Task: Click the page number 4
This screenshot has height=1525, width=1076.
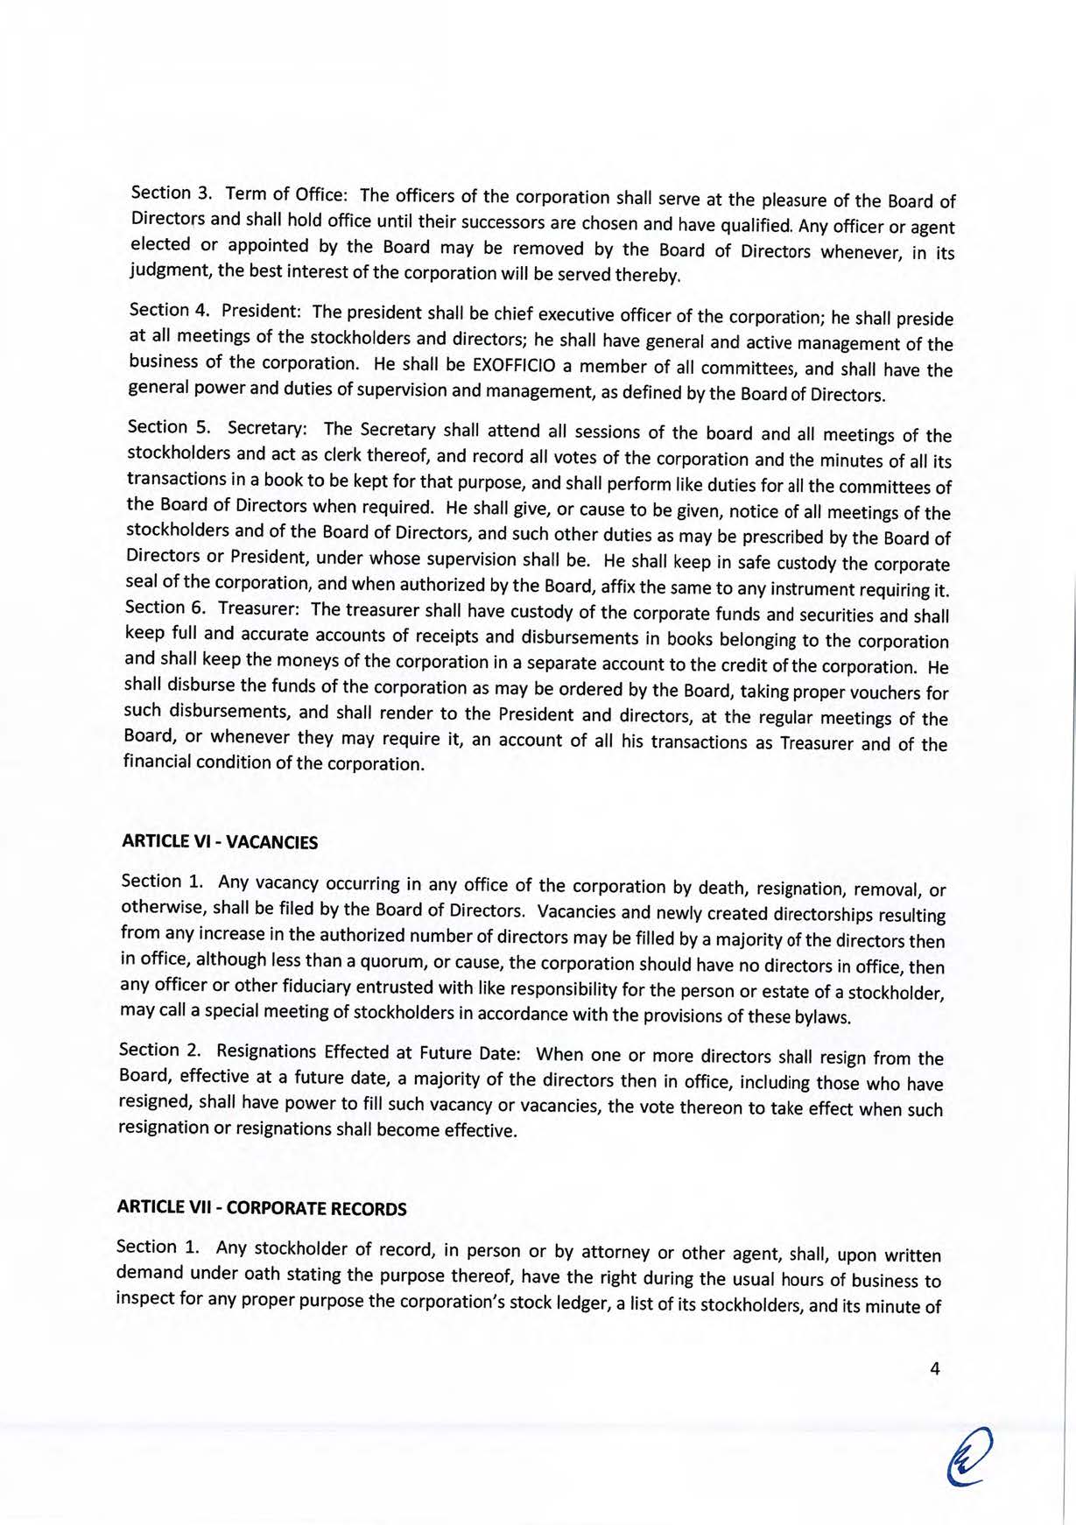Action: pos(935,1370)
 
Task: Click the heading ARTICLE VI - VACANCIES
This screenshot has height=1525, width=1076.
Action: pos(219,842)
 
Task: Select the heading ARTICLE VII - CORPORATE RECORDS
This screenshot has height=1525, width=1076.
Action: pos(262,1208)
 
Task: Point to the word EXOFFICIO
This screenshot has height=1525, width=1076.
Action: pos(511,365)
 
